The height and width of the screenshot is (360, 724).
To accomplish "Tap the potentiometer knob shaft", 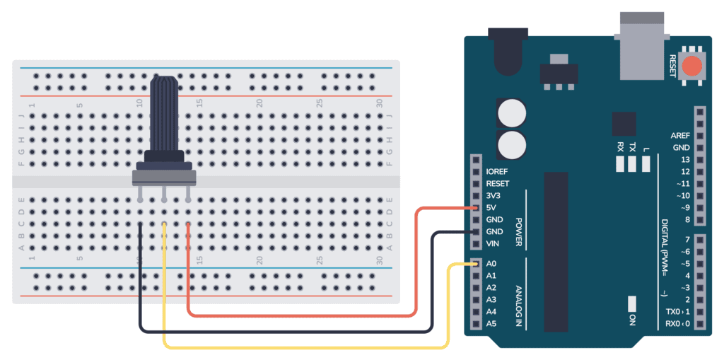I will pos(165,113).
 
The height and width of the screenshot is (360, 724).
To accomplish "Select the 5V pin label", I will pos(494,207).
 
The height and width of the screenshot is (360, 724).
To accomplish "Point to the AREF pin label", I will pos(679,136).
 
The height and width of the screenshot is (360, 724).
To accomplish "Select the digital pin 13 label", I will pos(684,160).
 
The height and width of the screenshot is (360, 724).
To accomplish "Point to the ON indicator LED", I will pos(631,303).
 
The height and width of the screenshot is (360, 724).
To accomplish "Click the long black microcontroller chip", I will pos(555,251).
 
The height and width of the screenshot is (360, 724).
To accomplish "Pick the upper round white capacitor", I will pos(512,112).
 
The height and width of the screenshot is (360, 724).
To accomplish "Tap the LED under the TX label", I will pos(633,165).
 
